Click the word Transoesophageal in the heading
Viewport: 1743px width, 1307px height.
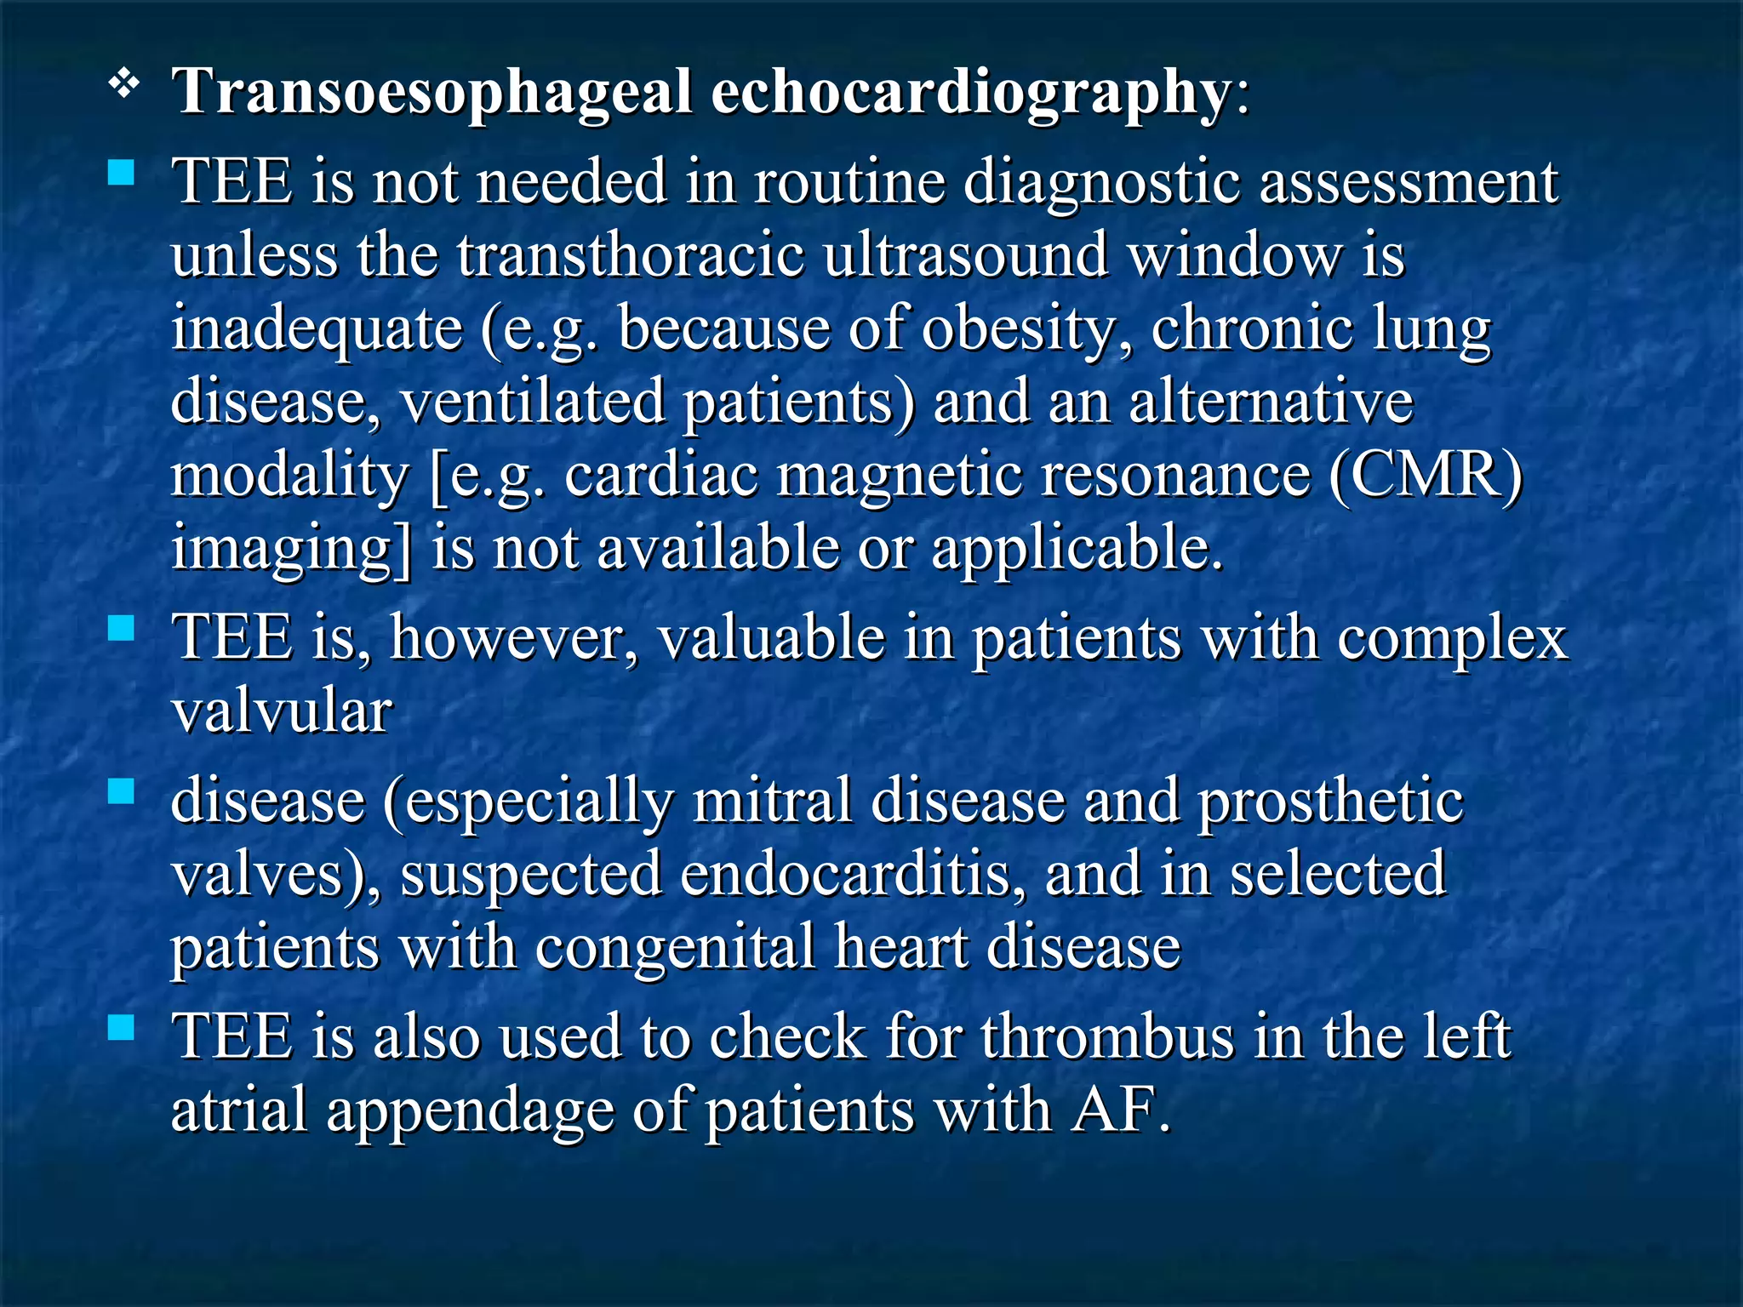coord(432,92)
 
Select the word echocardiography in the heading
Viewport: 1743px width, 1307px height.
coord(970,92)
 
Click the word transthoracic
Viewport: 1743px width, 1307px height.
coord(630,255)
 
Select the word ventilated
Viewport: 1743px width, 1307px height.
coord(533,402)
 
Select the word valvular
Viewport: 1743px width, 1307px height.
coord(282,711)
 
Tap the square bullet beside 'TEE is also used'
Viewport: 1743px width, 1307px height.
coord(122,1028)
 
